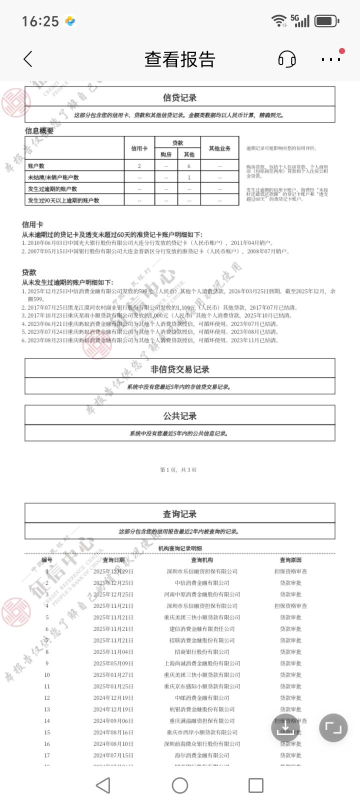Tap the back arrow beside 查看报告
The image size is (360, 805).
pos(28,59)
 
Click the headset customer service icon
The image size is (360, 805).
pos(286,59)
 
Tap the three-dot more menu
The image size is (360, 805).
pos(330,59)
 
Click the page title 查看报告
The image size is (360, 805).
pos(179,59)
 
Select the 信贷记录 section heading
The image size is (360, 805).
pos(179,97)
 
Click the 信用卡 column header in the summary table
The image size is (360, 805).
pos(139,148)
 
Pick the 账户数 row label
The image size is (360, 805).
pos(36,165)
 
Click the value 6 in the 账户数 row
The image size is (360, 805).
pos(189,165)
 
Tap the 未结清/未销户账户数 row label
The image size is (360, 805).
pos(53,177)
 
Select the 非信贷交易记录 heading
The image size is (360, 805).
pos(179,369)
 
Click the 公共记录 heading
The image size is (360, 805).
pos(179,416)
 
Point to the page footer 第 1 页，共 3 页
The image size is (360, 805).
pos(178,469)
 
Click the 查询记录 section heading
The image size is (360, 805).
pos(179,514)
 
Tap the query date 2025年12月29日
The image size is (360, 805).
pos(113,571)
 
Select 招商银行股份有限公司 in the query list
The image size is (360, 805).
pos(202,652)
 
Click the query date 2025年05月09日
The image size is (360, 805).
pos(113,663)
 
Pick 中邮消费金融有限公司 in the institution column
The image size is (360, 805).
pos(202,698)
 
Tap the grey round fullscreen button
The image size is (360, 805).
pos(333,727)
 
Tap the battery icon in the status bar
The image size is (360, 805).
pos(327,21)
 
